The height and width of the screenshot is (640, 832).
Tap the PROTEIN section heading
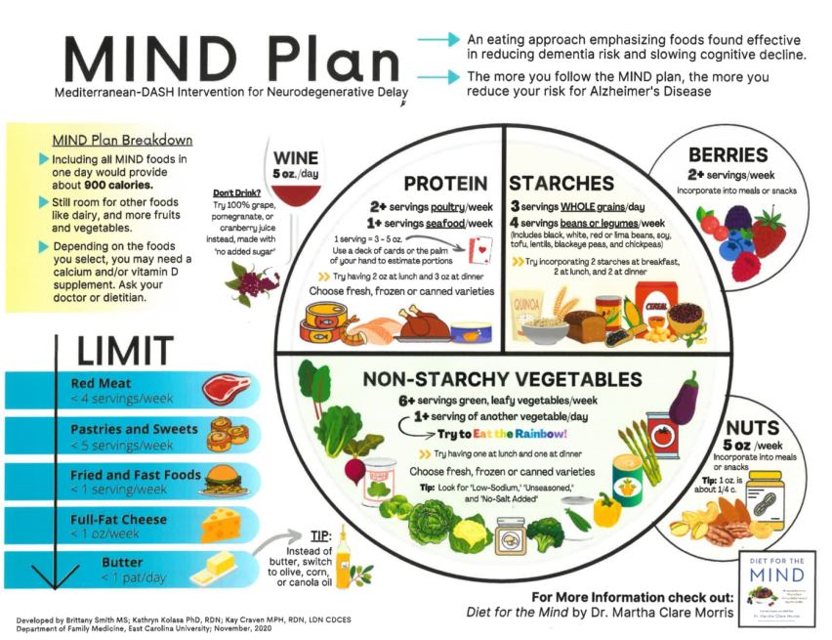click(445, 184)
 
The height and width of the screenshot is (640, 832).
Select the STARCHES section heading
click(561, 184)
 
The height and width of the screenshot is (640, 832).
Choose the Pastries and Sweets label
click(133, 429)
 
